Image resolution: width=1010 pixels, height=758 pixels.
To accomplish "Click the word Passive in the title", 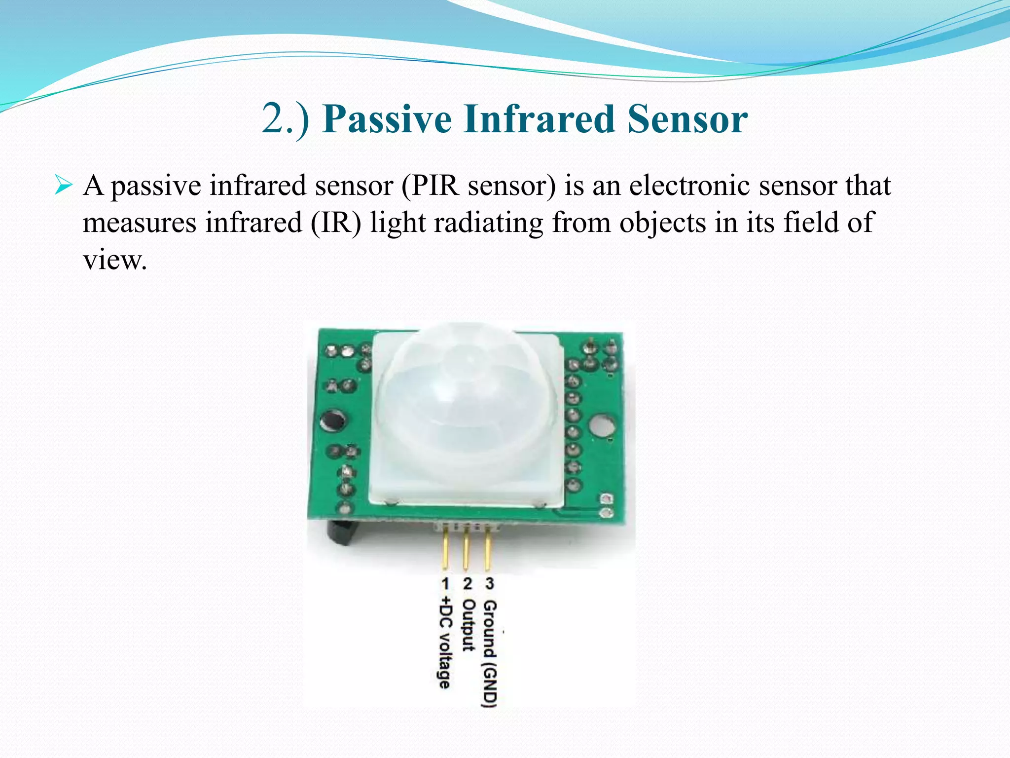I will (387, 119).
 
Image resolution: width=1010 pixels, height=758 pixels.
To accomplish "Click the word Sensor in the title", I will (687, 119).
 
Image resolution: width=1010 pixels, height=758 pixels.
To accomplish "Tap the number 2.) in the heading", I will (286, 119).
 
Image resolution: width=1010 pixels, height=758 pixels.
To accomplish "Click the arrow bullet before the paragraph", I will (64, 187).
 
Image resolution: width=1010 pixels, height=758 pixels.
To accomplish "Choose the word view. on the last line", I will (114, 260).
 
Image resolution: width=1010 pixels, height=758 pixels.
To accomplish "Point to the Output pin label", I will (467, 625).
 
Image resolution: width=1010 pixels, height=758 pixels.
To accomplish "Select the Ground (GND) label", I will (489, 654).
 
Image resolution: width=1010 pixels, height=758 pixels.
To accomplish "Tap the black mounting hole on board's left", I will (332, 421).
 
